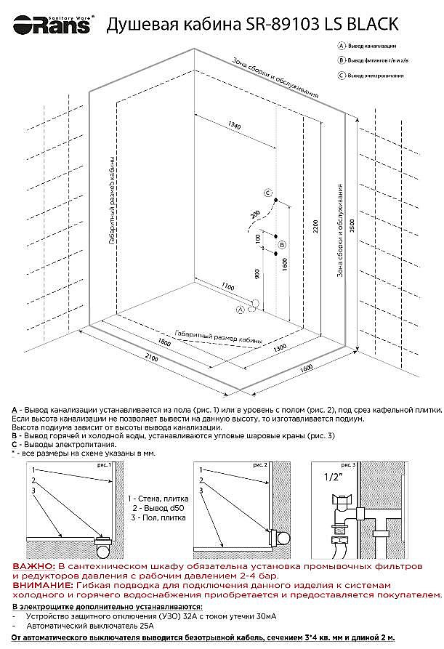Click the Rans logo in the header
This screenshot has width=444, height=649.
(x=47, y=25)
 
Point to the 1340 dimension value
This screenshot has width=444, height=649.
(x=234, y=126)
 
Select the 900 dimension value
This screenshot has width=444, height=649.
(x=257, y=273)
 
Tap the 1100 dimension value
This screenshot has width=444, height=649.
(x=230, y=286)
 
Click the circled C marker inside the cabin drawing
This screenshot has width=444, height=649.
(x=267, y=193)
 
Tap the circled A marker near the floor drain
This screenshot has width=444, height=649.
(x=241, y=309)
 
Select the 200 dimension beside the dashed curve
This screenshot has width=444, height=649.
(x=254, y=215)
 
